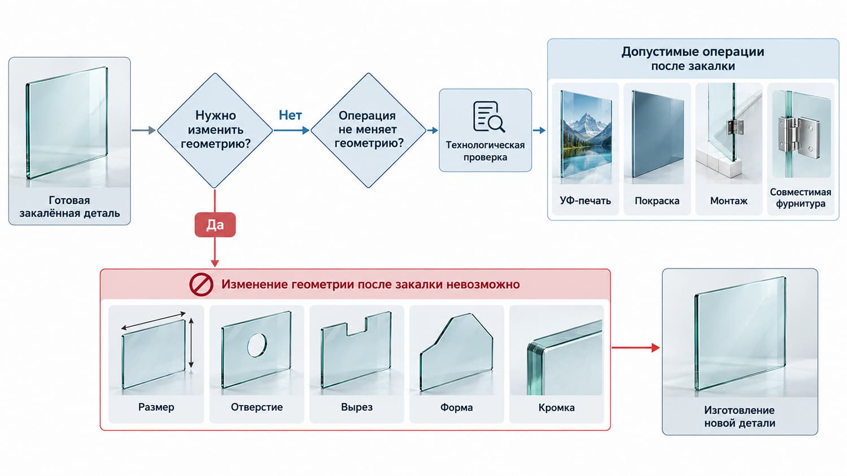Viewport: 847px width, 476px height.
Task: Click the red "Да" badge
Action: [215, 225]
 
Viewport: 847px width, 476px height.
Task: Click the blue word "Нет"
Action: [290, 115]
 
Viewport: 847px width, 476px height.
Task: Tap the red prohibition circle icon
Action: [201, 284]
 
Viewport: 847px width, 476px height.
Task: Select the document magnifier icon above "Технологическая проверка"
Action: [488, 117]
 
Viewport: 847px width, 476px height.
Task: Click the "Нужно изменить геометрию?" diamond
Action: [215, 130]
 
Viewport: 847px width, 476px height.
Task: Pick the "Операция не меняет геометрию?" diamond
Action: [368, 130]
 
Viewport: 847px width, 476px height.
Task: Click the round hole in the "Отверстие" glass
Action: [257, 345]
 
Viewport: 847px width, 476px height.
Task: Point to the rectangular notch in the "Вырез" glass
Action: [356, 327]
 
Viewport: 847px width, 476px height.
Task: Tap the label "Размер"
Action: [156, 407]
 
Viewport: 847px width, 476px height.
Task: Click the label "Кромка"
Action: [557, 408]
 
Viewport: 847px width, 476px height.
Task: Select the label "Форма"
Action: [456, 408]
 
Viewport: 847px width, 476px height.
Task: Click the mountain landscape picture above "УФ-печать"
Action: [586, 134]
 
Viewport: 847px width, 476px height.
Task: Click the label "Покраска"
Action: [657, 201]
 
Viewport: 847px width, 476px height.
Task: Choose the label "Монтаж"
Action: [728, 201]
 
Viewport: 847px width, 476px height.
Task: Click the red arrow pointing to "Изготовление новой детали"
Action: [636, 347]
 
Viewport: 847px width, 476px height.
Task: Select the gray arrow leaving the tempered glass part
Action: [143, 130]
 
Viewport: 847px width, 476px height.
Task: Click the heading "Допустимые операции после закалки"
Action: [693, 59]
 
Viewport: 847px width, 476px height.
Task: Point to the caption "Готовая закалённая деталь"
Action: [69, 206]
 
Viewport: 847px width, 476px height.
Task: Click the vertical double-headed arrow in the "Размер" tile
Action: [191, 343]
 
